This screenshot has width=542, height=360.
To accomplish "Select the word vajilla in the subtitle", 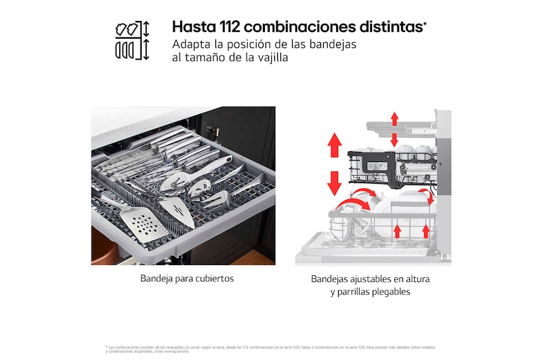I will [x=268, y=58].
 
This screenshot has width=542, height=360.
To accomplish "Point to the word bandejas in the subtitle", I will [x=331, y=44].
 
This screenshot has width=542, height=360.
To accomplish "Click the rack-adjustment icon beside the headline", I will [x=132, y=40].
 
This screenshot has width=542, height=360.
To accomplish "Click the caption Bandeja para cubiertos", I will [x=183, y=279].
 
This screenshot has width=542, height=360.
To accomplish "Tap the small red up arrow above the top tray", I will [x=394, y=119].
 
